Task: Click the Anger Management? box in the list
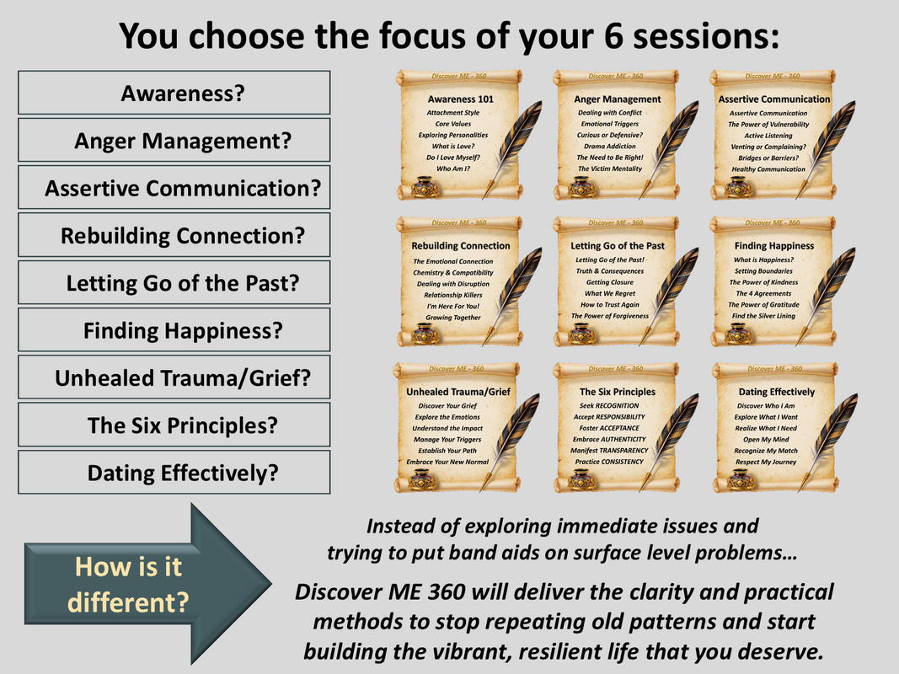tap(174, 141)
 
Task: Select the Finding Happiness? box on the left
tap(174, 330)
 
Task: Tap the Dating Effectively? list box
tap(174, 473)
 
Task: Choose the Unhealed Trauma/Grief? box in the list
tap(174, 377)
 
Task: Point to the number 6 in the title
tap(613, 35)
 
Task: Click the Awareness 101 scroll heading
tap(460, 99)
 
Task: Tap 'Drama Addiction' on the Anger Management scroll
tap(609, 146)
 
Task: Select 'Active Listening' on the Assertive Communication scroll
tap(768, 136)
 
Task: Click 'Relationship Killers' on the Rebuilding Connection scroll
tap(453, 295)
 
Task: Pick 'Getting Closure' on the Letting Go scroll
tap(609, 282)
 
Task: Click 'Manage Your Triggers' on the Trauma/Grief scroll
tap(447, 440)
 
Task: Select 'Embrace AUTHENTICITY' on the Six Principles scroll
tap(609, 440)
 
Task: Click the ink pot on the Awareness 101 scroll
tap(425, 187)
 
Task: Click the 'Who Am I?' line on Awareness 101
tap(453, 168)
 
